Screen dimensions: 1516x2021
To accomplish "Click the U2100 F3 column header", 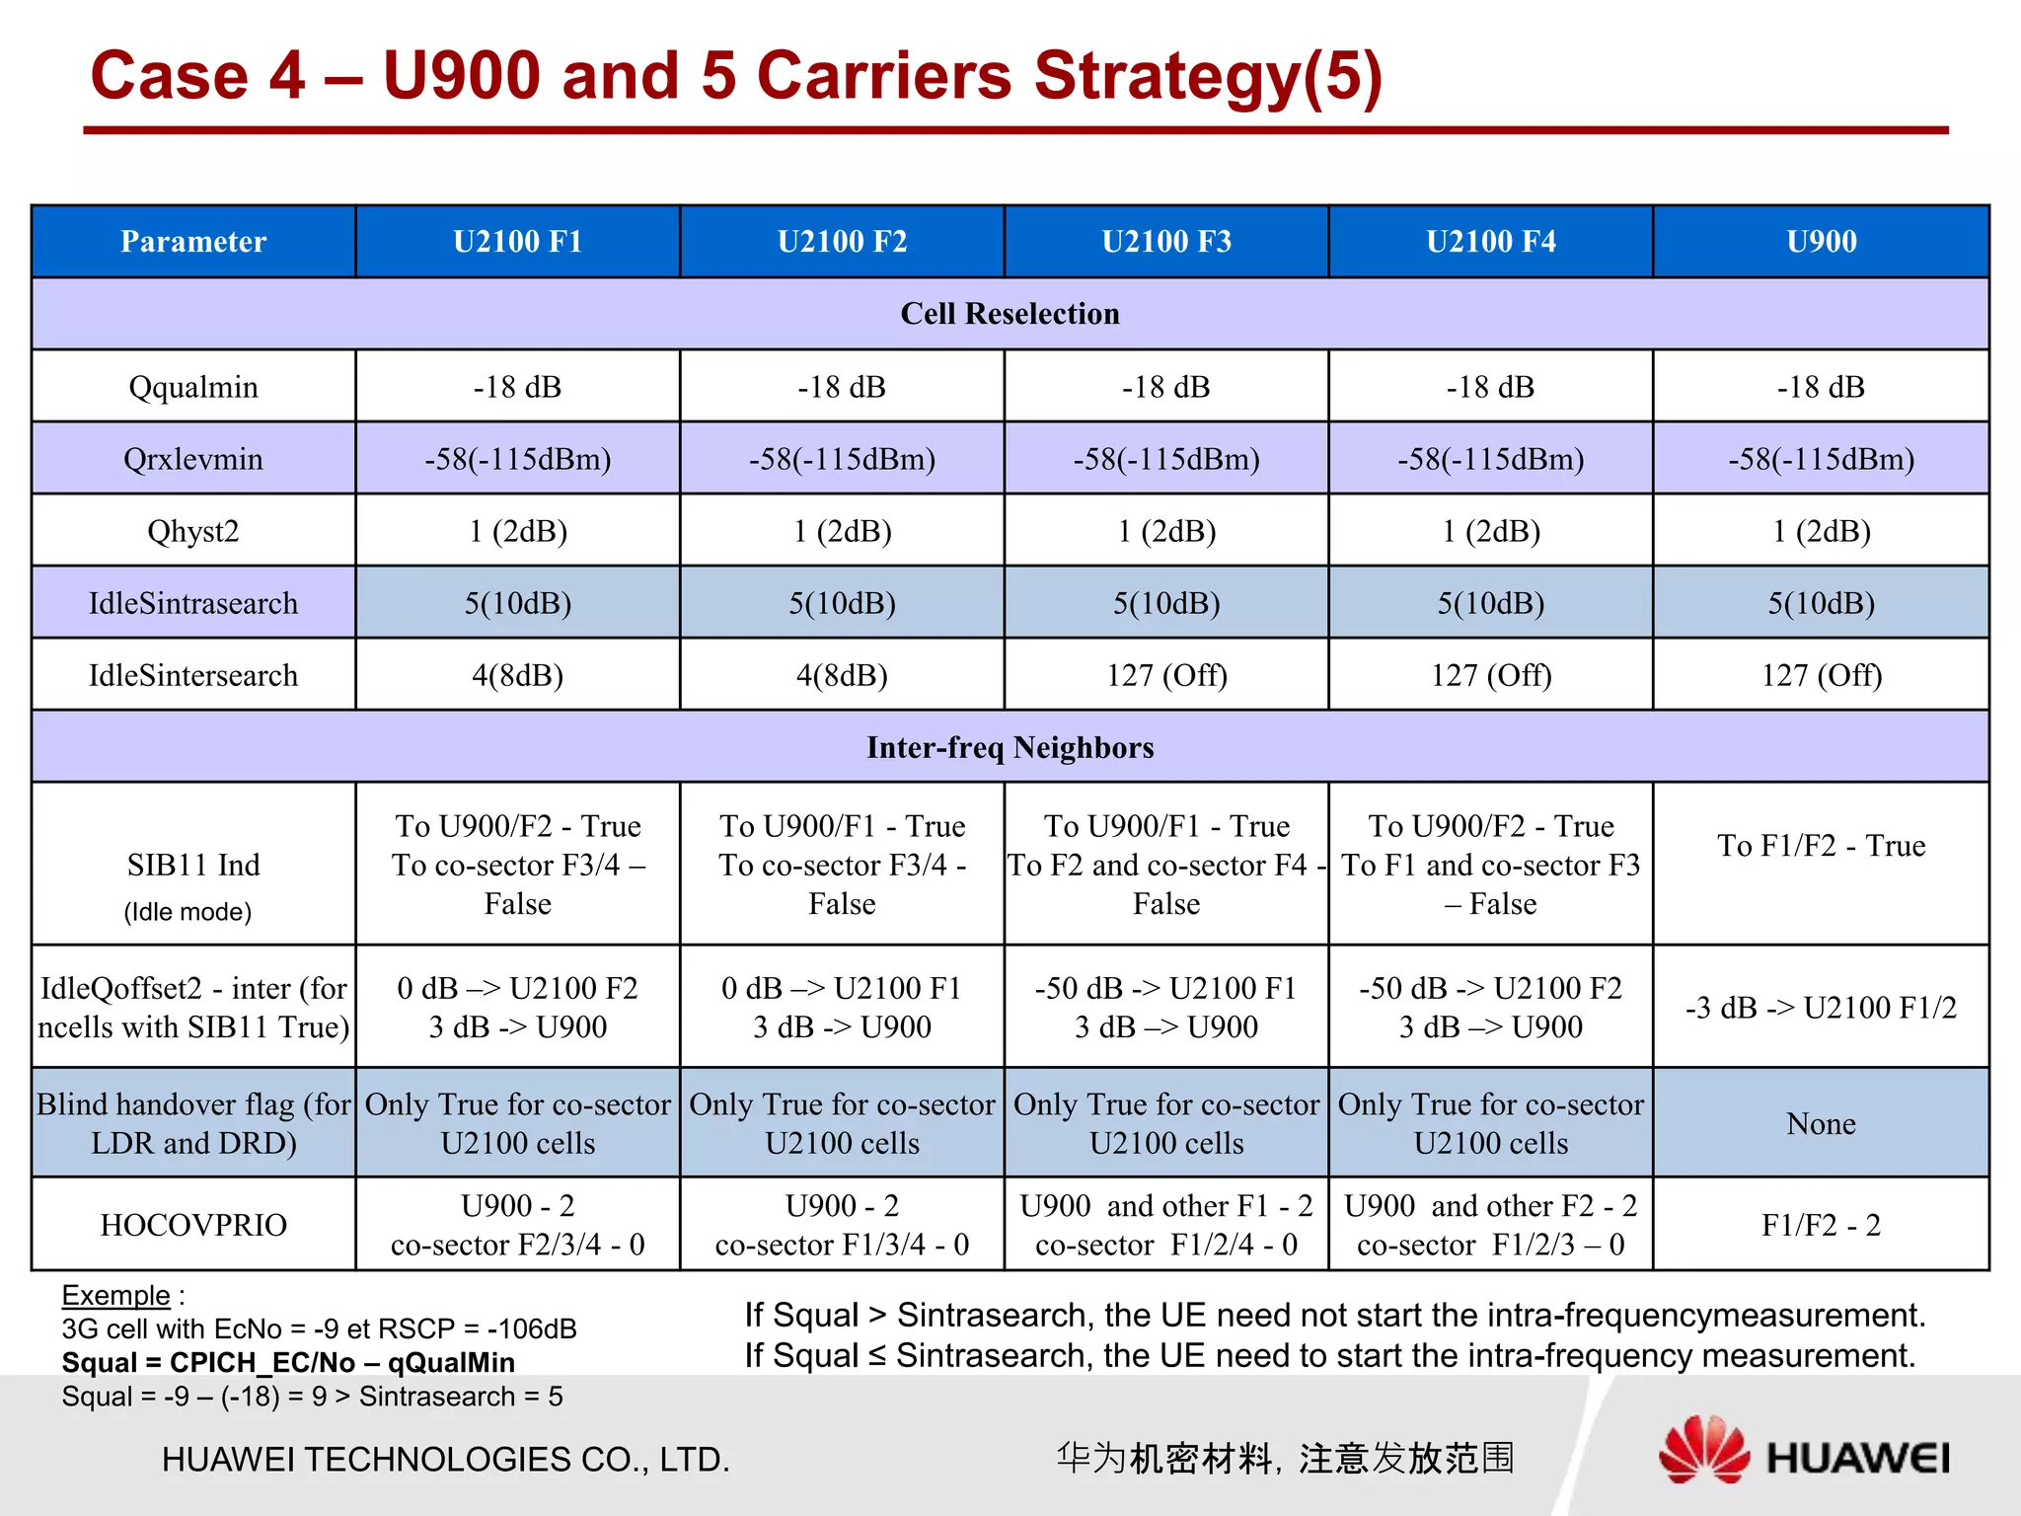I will (x=1166, y=242).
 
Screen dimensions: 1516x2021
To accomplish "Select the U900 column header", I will (x=1821, y=242).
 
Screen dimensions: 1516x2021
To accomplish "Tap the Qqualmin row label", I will (x=193, y=387).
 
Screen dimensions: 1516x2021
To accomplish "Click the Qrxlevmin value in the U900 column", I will (x=1821, y=459).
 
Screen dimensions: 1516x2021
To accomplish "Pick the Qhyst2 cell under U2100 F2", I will (x=842, y=531).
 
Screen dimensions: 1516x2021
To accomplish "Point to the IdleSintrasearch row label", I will (x=193, y=603).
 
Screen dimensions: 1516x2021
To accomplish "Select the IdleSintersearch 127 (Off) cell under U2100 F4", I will (x=1491, y=675).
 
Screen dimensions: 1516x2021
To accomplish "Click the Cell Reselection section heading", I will (x=1010, y=314).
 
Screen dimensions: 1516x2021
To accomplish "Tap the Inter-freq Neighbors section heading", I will (x=1010, y=747).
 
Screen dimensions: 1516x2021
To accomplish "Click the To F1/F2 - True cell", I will (x=1821, y=846).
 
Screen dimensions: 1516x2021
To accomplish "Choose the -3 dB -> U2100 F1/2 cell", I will (x=1821, y=1008).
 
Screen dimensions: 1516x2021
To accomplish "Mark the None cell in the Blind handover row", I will (x=1821, y=1123).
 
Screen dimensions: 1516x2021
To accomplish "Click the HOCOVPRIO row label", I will (x=193, y=1225).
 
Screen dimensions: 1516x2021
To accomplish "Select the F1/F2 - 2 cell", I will (x=1821, y=1225).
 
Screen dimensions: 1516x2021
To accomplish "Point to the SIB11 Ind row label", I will (x=193, y=866).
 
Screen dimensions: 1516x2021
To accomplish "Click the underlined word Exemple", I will (x=115, y=1295).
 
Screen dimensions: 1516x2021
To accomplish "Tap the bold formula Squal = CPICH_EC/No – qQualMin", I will (x=288, y=1362).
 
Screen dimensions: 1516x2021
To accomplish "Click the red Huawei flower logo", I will (x=1703, y=1449).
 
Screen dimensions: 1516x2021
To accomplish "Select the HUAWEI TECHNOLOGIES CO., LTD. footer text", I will (x=446, y=1459).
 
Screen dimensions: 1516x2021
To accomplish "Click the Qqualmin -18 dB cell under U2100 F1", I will (x=517, y=387).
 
